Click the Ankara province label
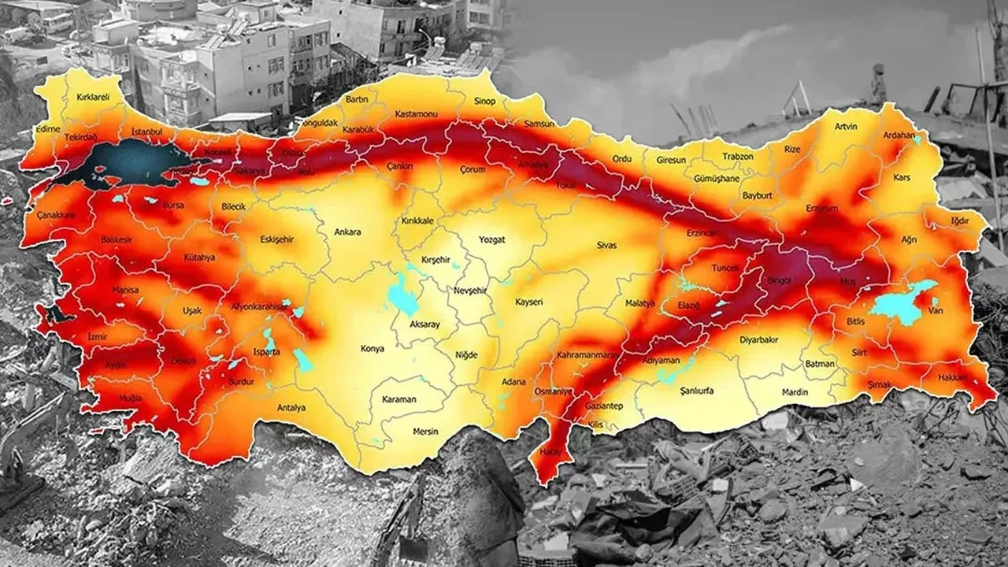347,232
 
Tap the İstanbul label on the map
146,131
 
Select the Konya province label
372,347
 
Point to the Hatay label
551,451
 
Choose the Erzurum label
822,208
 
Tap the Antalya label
291,408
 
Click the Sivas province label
606,246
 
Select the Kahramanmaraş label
587,356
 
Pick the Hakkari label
952,378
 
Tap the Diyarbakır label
759,340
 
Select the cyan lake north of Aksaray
402,297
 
